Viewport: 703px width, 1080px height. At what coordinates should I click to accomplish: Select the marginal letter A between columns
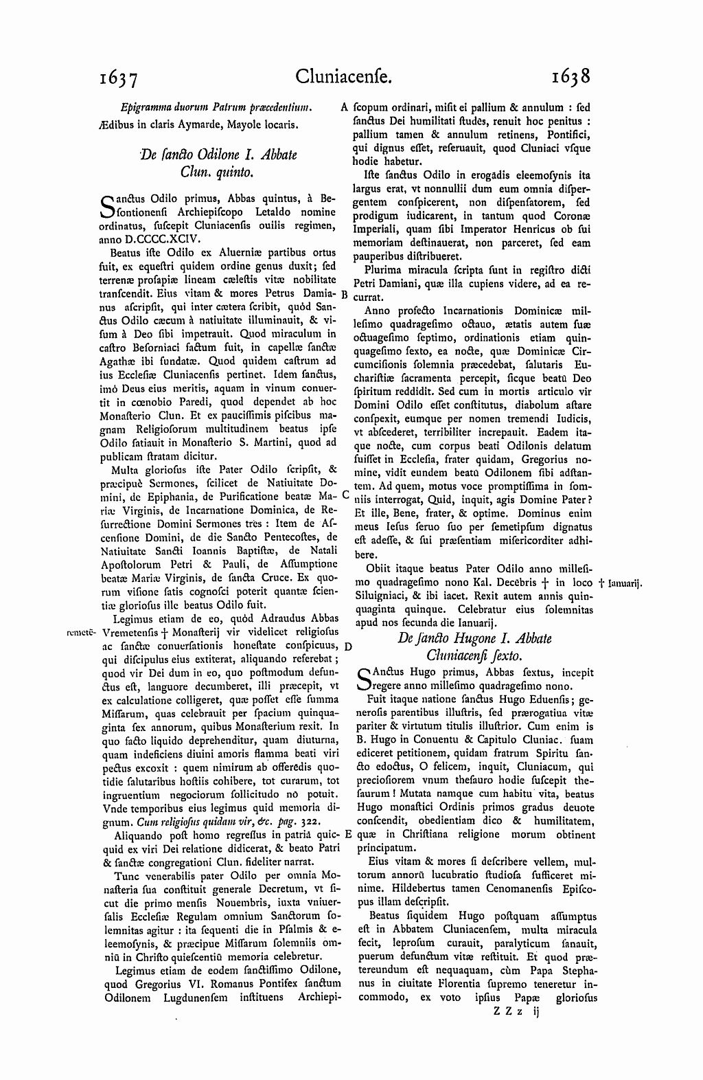click(345, 108)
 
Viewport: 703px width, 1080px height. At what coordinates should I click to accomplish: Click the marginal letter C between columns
click(345, 494)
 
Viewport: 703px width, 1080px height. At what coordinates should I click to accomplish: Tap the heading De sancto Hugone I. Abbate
click(474, 638)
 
